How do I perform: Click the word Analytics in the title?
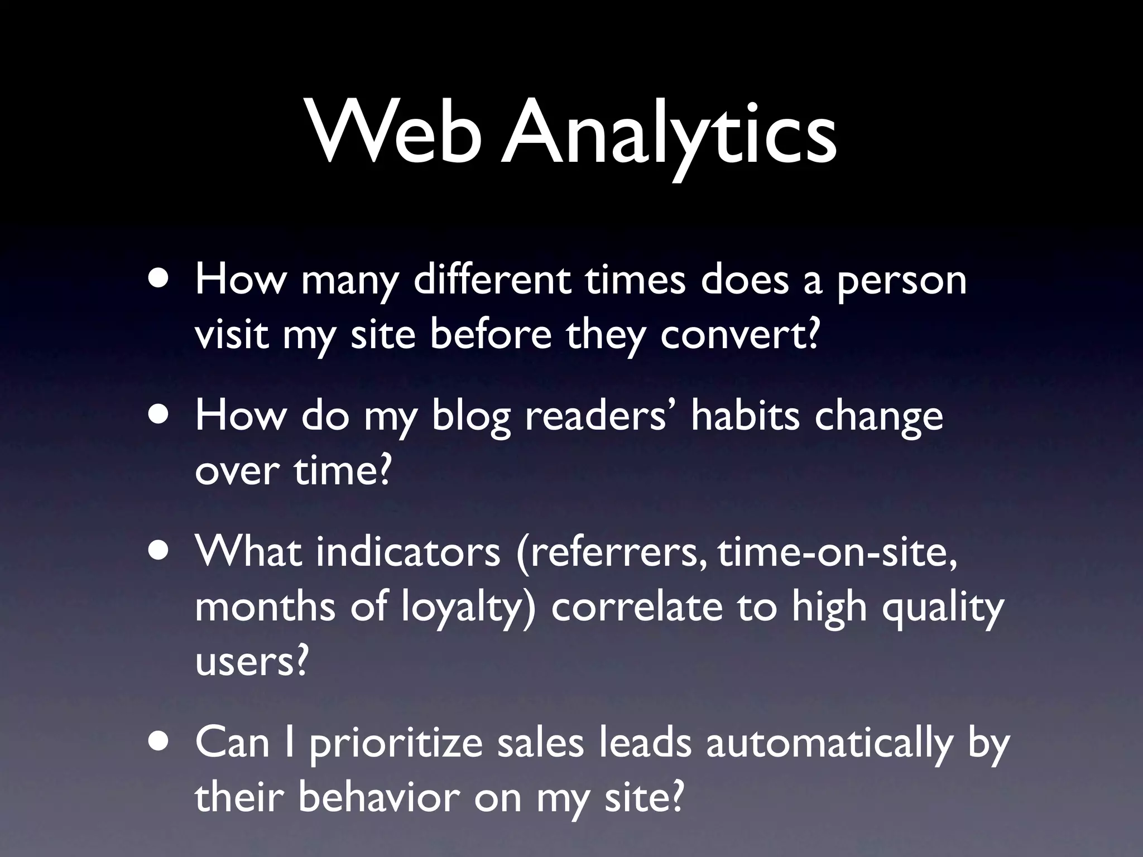(668, 137)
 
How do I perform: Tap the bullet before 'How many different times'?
(161, 280)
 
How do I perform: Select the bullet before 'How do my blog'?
(161, 416)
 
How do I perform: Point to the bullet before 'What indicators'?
(161, 551)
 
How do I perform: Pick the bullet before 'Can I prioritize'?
(161, 743)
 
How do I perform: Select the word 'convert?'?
(740, 335)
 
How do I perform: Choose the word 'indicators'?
(408, 551)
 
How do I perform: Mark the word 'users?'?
(252, 662)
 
